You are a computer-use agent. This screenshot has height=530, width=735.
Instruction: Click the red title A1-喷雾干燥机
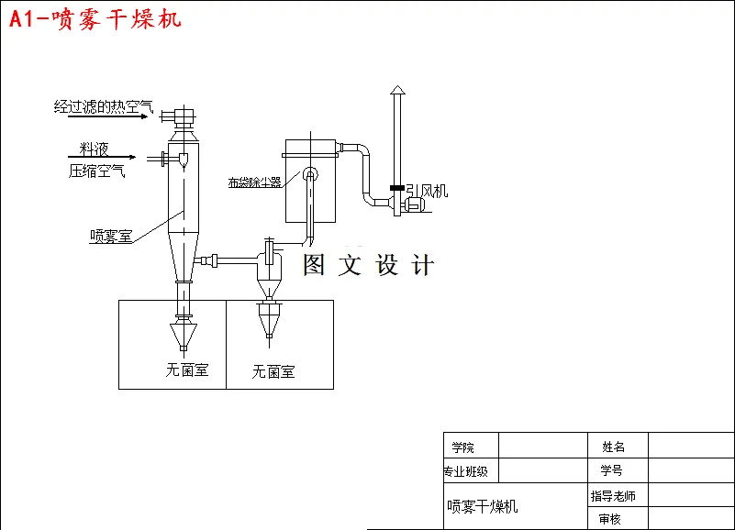coord(95,18)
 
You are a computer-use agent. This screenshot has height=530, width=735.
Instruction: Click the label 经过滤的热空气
coord(103,106)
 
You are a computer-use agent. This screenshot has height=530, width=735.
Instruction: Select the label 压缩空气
coord(97,171)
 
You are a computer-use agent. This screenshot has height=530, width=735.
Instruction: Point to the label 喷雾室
coord(110,236)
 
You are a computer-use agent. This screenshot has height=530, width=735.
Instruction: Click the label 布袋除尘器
coord(254,182)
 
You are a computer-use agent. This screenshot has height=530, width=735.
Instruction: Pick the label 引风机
coord(427,191)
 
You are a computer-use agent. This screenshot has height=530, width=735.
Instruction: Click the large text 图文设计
coord(368,266)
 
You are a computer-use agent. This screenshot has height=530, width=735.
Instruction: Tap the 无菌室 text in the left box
coord(187,370)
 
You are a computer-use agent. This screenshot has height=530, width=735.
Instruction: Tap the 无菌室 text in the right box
coord(273,372)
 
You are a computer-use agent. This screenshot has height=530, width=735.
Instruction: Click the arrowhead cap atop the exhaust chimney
coord(396,90)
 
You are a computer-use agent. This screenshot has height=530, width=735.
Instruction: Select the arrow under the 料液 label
coord(102,157)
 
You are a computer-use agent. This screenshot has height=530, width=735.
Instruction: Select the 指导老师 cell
coord(613,496)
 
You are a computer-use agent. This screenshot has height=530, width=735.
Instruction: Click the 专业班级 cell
coord(466,472)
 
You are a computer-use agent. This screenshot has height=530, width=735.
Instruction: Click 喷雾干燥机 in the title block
coord(483,506)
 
